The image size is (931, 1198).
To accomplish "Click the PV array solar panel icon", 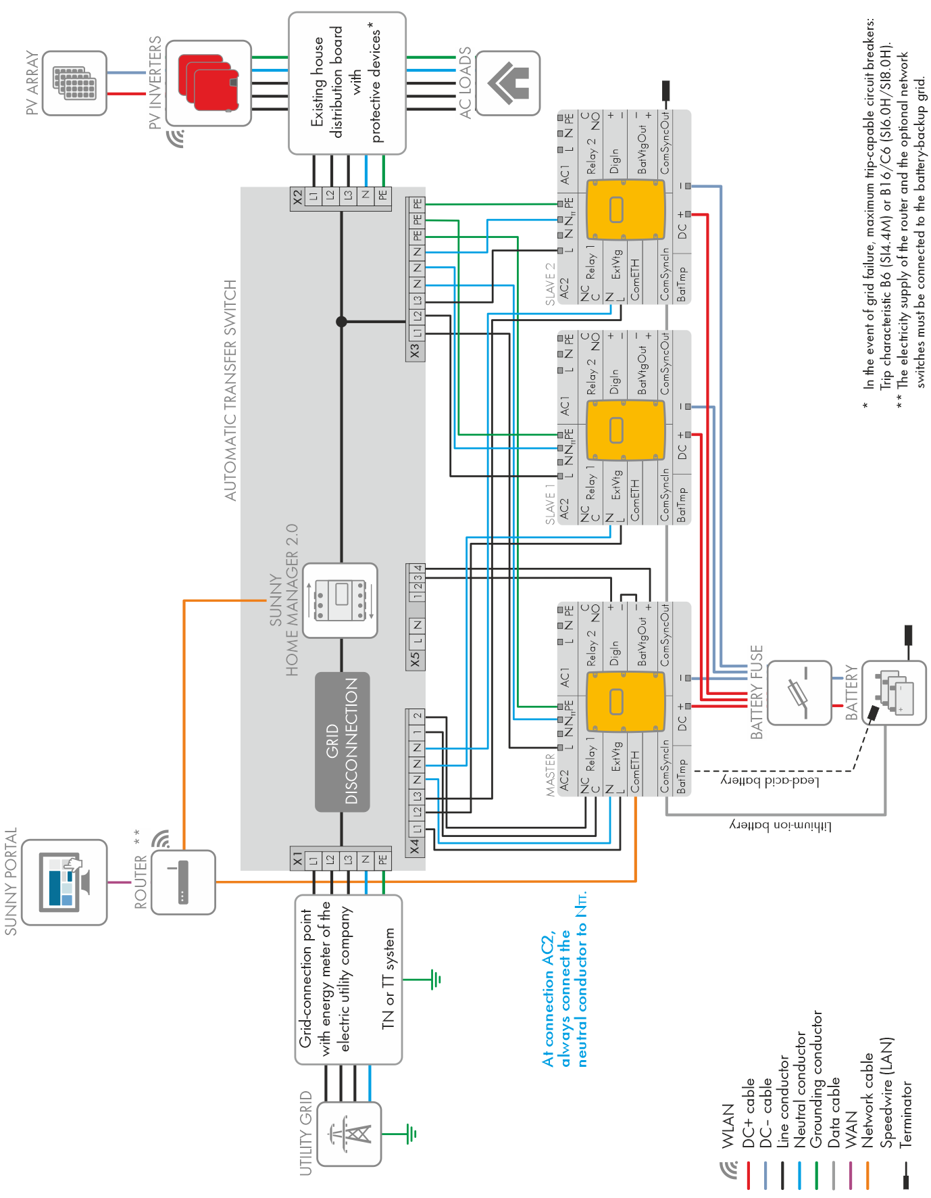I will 74,83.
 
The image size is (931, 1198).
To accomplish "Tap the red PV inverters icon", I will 209,82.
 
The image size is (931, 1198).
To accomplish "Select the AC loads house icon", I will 508,83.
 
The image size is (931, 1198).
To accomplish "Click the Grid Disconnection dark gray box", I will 343,742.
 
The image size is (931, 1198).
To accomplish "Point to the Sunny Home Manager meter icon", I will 340,600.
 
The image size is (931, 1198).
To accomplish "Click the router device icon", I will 183,882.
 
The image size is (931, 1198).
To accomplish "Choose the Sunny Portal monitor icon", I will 64,882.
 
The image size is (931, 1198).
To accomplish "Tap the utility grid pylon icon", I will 349,1134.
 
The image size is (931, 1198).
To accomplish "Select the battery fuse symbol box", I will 799,693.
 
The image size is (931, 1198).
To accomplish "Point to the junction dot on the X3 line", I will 341,322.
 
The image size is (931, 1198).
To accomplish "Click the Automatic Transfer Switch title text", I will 231,390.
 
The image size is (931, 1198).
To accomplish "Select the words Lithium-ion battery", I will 780,826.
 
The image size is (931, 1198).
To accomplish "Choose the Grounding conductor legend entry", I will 817,1079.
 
